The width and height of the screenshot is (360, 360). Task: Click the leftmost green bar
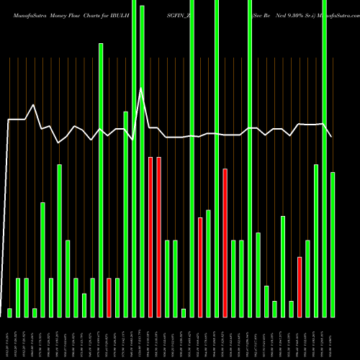click(9, 312)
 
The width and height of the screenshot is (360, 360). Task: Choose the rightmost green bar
click(333, 245)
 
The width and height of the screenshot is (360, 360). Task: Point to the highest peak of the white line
click(142, 89)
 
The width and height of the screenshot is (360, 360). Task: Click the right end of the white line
click(332, 136)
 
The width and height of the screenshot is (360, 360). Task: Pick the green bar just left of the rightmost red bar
click(291, 309)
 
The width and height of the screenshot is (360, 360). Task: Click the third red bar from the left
click(150, 237)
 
